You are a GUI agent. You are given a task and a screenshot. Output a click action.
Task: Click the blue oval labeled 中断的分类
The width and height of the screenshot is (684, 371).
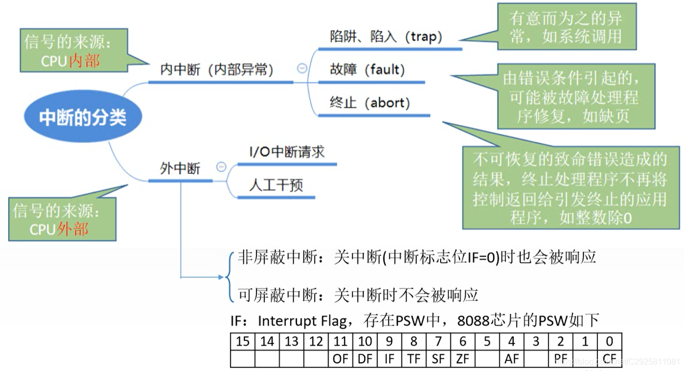[x=83, y=118]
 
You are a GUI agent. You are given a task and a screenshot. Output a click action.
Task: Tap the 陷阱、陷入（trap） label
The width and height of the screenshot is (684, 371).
[x=386, y=37]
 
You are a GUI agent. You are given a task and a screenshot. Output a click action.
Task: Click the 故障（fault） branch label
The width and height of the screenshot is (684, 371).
[x=367, y=69]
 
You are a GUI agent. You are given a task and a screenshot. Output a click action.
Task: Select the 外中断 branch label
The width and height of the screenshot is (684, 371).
[x=180, y=168]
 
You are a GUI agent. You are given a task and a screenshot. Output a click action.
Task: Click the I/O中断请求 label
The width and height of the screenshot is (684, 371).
[x=287, y=152]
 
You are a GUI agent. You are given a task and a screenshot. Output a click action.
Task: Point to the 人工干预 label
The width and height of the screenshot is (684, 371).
[x=276, y=185]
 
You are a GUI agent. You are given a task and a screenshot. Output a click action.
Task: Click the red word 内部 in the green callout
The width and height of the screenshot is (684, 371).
[x=84, y=61]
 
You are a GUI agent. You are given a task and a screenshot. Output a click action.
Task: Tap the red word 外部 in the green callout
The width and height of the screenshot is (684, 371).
[x=73, y=229]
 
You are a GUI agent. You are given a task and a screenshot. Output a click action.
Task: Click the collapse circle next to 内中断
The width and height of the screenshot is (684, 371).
[x=302, y=68]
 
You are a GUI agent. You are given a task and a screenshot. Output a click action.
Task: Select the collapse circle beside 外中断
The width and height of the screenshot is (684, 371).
[x=221, y=166]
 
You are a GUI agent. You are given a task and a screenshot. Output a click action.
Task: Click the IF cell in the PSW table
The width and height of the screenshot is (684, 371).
[x=389, y=358]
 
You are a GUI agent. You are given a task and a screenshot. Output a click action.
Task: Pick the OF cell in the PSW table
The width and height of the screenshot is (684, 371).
[x=340, y=358]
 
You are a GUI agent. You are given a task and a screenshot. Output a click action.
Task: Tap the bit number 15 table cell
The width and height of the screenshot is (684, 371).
[x=243, y=341]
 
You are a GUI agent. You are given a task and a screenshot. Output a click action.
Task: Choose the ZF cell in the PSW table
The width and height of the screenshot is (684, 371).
[x=463, y=358]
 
